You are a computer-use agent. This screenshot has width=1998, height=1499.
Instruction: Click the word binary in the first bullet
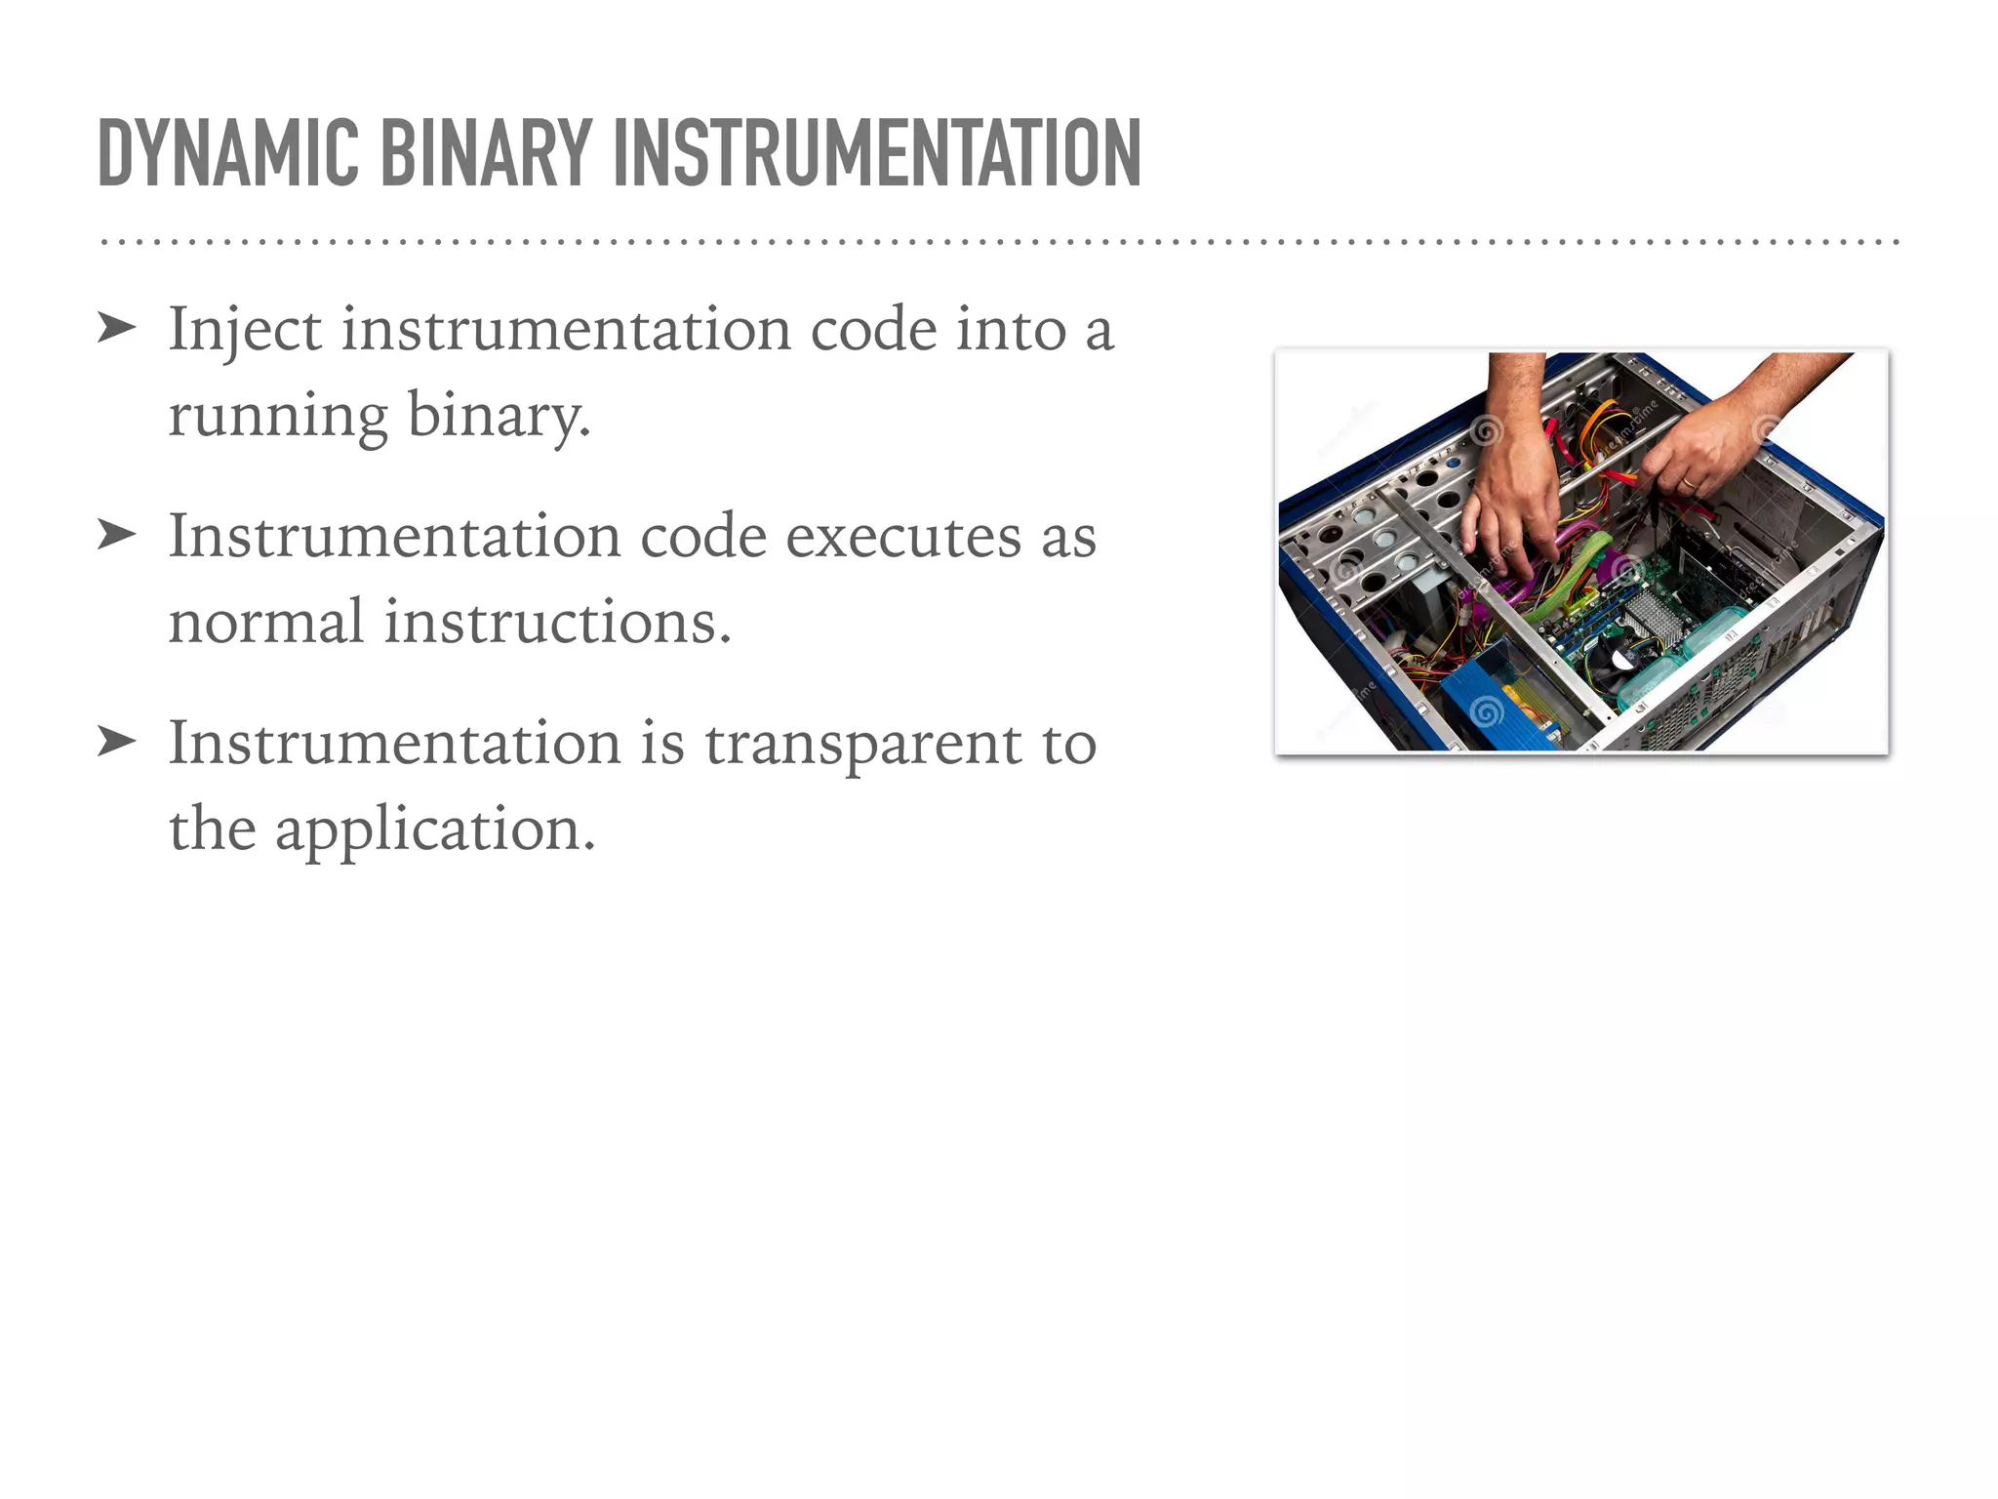(498, 416)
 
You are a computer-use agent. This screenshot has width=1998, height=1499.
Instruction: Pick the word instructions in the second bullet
(556, 622)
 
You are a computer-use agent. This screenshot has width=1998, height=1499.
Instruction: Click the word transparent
(863, 745)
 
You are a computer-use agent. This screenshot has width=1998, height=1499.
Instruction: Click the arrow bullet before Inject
(116, 329)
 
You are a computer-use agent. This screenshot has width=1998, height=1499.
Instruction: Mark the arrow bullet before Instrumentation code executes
(116, 536)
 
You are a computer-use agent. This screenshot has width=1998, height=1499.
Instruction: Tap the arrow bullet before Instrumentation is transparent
(116, 743)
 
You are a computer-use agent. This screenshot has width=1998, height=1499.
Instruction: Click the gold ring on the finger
(1689, 483)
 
